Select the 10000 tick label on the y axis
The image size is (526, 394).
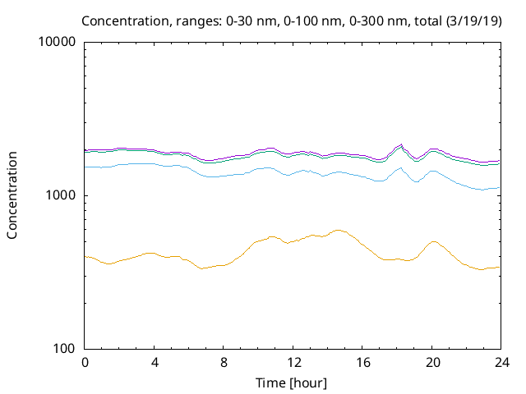[x=58, y=43]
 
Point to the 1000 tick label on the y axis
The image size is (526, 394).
[x=61, y=195]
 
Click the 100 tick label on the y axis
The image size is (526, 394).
[x=64, y=349]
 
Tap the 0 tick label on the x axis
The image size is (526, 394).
[x=85, y=362]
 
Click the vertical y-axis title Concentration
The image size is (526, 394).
[x=12, y=195]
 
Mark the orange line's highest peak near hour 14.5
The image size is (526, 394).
[x=337, y=230]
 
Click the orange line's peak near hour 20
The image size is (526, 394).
[x=433, y=241]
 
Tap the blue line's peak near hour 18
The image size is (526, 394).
[x=400, y=167]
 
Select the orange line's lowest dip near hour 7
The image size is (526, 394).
[x=203, y=268]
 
